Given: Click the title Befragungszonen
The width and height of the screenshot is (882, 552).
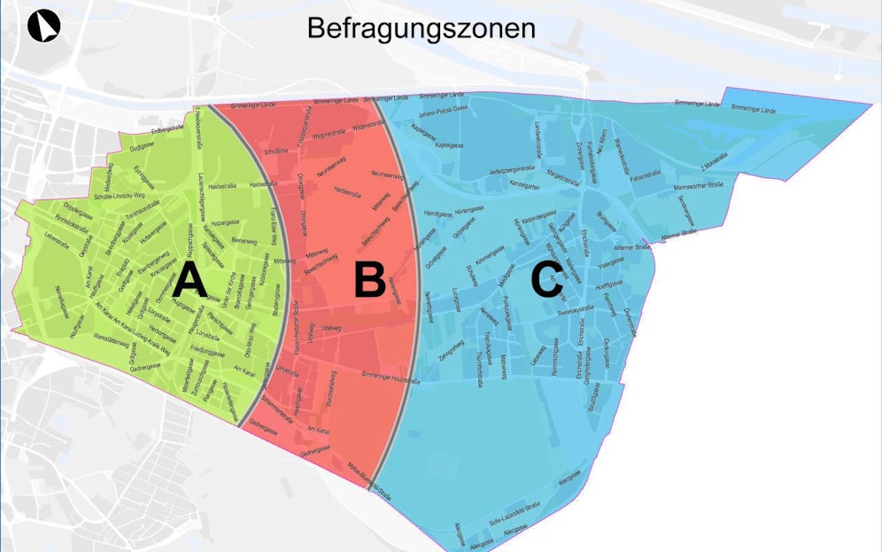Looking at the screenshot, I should pyautogui.click(x=421, y=27).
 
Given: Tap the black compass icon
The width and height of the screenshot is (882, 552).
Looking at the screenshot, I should pyautogui.click(x=43, y=27).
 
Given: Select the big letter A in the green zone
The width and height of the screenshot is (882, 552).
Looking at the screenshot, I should pyautogui.click(x=190, y=281).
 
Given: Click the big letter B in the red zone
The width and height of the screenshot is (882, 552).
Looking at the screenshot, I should pyautogui.click(x=369, y=280).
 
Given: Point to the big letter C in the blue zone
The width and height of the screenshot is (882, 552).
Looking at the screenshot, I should pyautogui.click(x=546, y=281).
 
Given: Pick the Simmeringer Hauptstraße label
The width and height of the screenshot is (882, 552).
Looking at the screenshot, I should pyautogui.click(x=390, y=376).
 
